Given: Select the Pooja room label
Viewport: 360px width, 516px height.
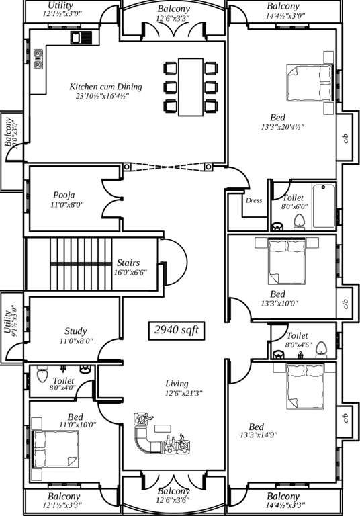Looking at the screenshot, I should [64, 195].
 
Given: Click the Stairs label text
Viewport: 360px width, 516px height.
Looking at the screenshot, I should [128, 262].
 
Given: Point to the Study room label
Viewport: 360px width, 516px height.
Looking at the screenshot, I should [75, 331].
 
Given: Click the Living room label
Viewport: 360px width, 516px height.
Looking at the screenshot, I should [177, 384].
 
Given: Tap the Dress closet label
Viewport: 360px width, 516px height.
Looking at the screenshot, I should [254, 200].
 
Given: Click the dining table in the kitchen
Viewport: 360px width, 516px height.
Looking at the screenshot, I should [191, 86].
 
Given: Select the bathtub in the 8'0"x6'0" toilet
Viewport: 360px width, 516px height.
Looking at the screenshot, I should [323, 208].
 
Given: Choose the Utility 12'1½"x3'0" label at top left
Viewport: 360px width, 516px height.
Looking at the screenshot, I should [61, 9].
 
